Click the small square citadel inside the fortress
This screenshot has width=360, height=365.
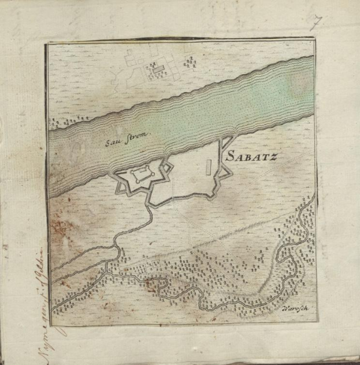coord(140,174)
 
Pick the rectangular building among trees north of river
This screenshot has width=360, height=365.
coord(157,69)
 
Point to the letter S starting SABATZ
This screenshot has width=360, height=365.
coord(229,156)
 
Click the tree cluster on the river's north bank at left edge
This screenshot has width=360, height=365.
coord(58,123)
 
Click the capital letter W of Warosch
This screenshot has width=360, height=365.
coord(285,307)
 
